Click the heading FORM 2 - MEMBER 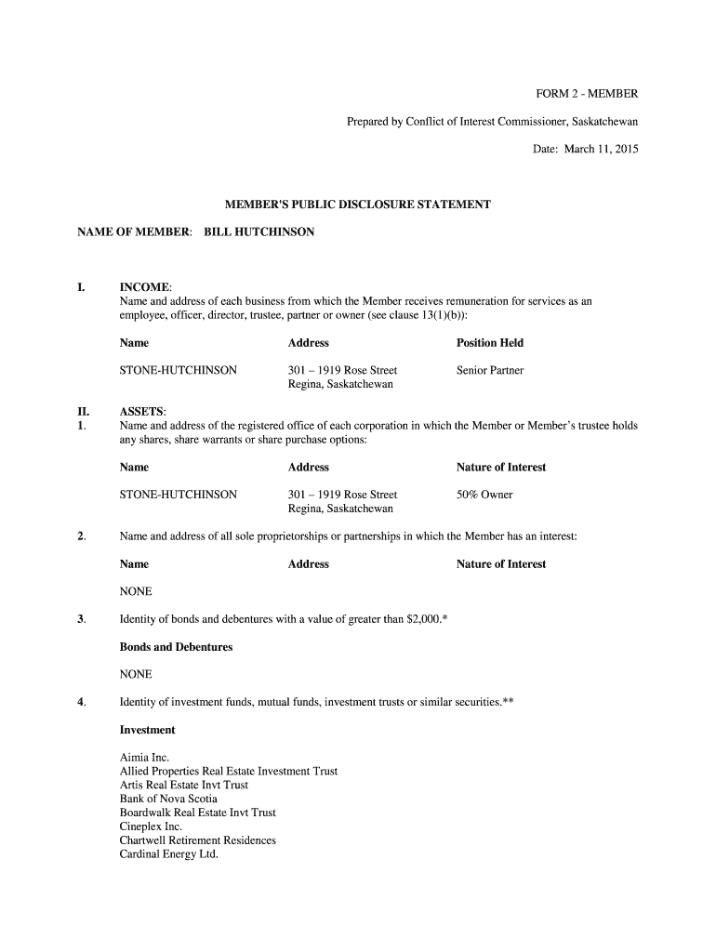coord(586,94)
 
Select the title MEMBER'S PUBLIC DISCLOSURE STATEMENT coord(358,204)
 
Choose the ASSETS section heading coord(142,412)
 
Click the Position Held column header coord(489,343)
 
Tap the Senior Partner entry coord(489,370)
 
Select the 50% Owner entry coord(484,495)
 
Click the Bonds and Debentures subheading coord(176,647)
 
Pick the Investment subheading coord(147,730)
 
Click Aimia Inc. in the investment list coord(144,758)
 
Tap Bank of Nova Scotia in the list coord(168,799)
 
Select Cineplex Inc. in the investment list coord(151,826)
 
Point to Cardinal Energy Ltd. coord(168,854)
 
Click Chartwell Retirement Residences coord(197,840)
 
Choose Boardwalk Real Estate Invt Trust coord(197,813)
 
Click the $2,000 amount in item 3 coord(424,619)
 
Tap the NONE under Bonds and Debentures coord(136,674)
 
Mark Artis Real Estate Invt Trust coord(183,785)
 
